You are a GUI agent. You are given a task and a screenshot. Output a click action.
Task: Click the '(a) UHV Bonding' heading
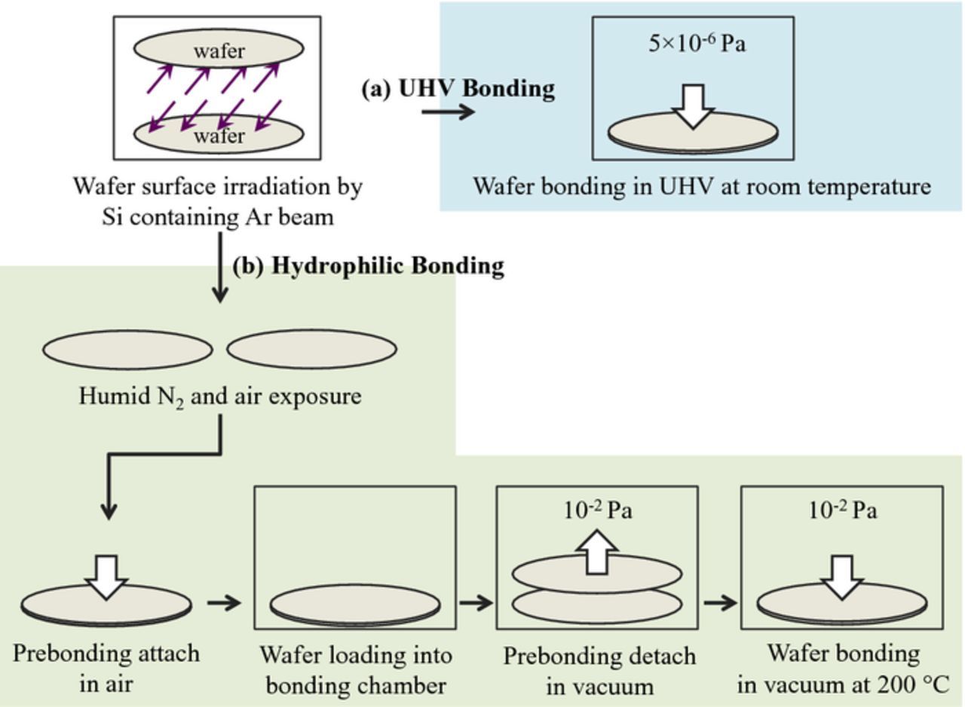458,88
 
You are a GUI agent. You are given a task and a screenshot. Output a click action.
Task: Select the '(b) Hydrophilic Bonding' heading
368,266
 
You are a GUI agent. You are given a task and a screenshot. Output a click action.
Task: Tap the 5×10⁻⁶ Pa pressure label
697,43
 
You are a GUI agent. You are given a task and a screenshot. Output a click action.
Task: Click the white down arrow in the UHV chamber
693,106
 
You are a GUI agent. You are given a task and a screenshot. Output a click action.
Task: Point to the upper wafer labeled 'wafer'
219,50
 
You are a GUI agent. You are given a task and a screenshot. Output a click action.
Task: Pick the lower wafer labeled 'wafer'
219,136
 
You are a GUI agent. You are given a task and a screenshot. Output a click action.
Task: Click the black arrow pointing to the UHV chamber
448,112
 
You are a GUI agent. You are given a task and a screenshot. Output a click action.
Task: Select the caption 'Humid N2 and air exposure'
219,396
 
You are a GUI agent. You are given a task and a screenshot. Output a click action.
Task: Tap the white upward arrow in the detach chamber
598,552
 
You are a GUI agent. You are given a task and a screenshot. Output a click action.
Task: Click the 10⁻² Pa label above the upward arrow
597,510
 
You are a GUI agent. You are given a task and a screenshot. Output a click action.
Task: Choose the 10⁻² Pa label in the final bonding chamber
842,510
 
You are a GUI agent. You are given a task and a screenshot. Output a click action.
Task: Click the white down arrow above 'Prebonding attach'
106,577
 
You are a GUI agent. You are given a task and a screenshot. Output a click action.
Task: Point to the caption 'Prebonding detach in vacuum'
599,670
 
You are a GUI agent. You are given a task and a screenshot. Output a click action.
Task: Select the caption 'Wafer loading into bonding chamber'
355,670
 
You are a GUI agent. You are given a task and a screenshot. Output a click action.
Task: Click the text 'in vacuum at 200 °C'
843,685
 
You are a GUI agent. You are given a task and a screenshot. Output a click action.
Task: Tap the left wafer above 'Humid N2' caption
127,350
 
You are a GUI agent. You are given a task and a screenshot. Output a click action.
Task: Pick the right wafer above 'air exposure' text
311,350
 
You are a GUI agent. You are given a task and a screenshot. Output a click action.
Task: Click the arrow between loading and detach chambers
475,602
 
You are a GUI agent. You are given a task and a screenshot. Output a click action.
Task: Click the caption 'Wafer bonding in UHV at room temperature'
701,185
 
